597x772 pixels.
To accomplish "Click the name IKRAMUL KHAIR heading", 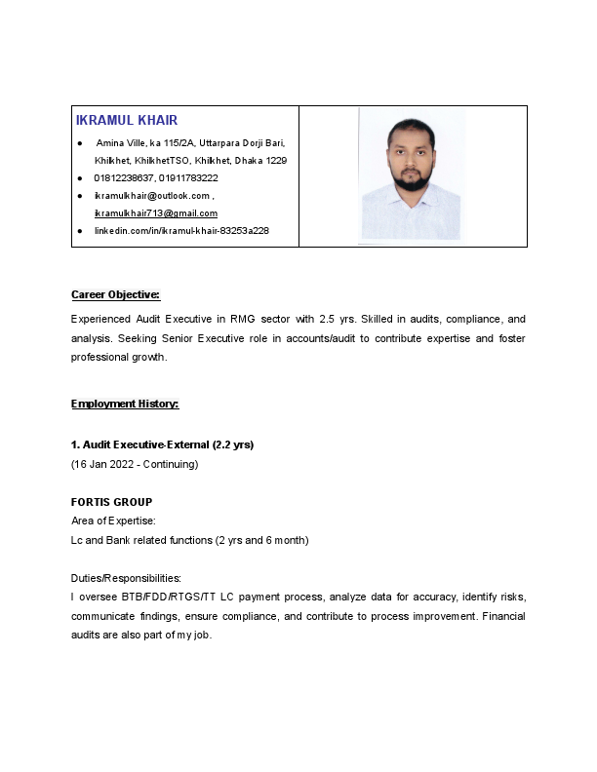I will [x=127, y=120].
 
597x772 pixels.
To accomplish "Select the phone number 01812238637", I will [x=124, y=178].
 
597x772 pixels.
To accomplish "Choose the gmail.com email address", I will [x=155, y=212].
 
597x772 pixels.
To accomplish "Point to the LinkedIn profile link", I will [x=181, y=231].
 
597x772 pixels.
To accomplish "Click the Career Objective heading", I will [x=115, y=294].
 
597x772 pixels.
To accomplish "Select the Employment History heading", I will [x=125, y=404].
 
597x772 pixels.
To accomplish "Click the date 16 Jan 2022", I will [x=103, y=464].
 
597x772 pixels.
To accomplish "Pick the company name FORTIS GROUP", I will [x=111, y=503].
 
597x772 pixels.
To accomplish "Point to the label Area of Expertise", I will [x=113, y=521].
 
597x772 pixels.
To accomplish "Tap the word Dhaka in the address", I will [x=251, y=160].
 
